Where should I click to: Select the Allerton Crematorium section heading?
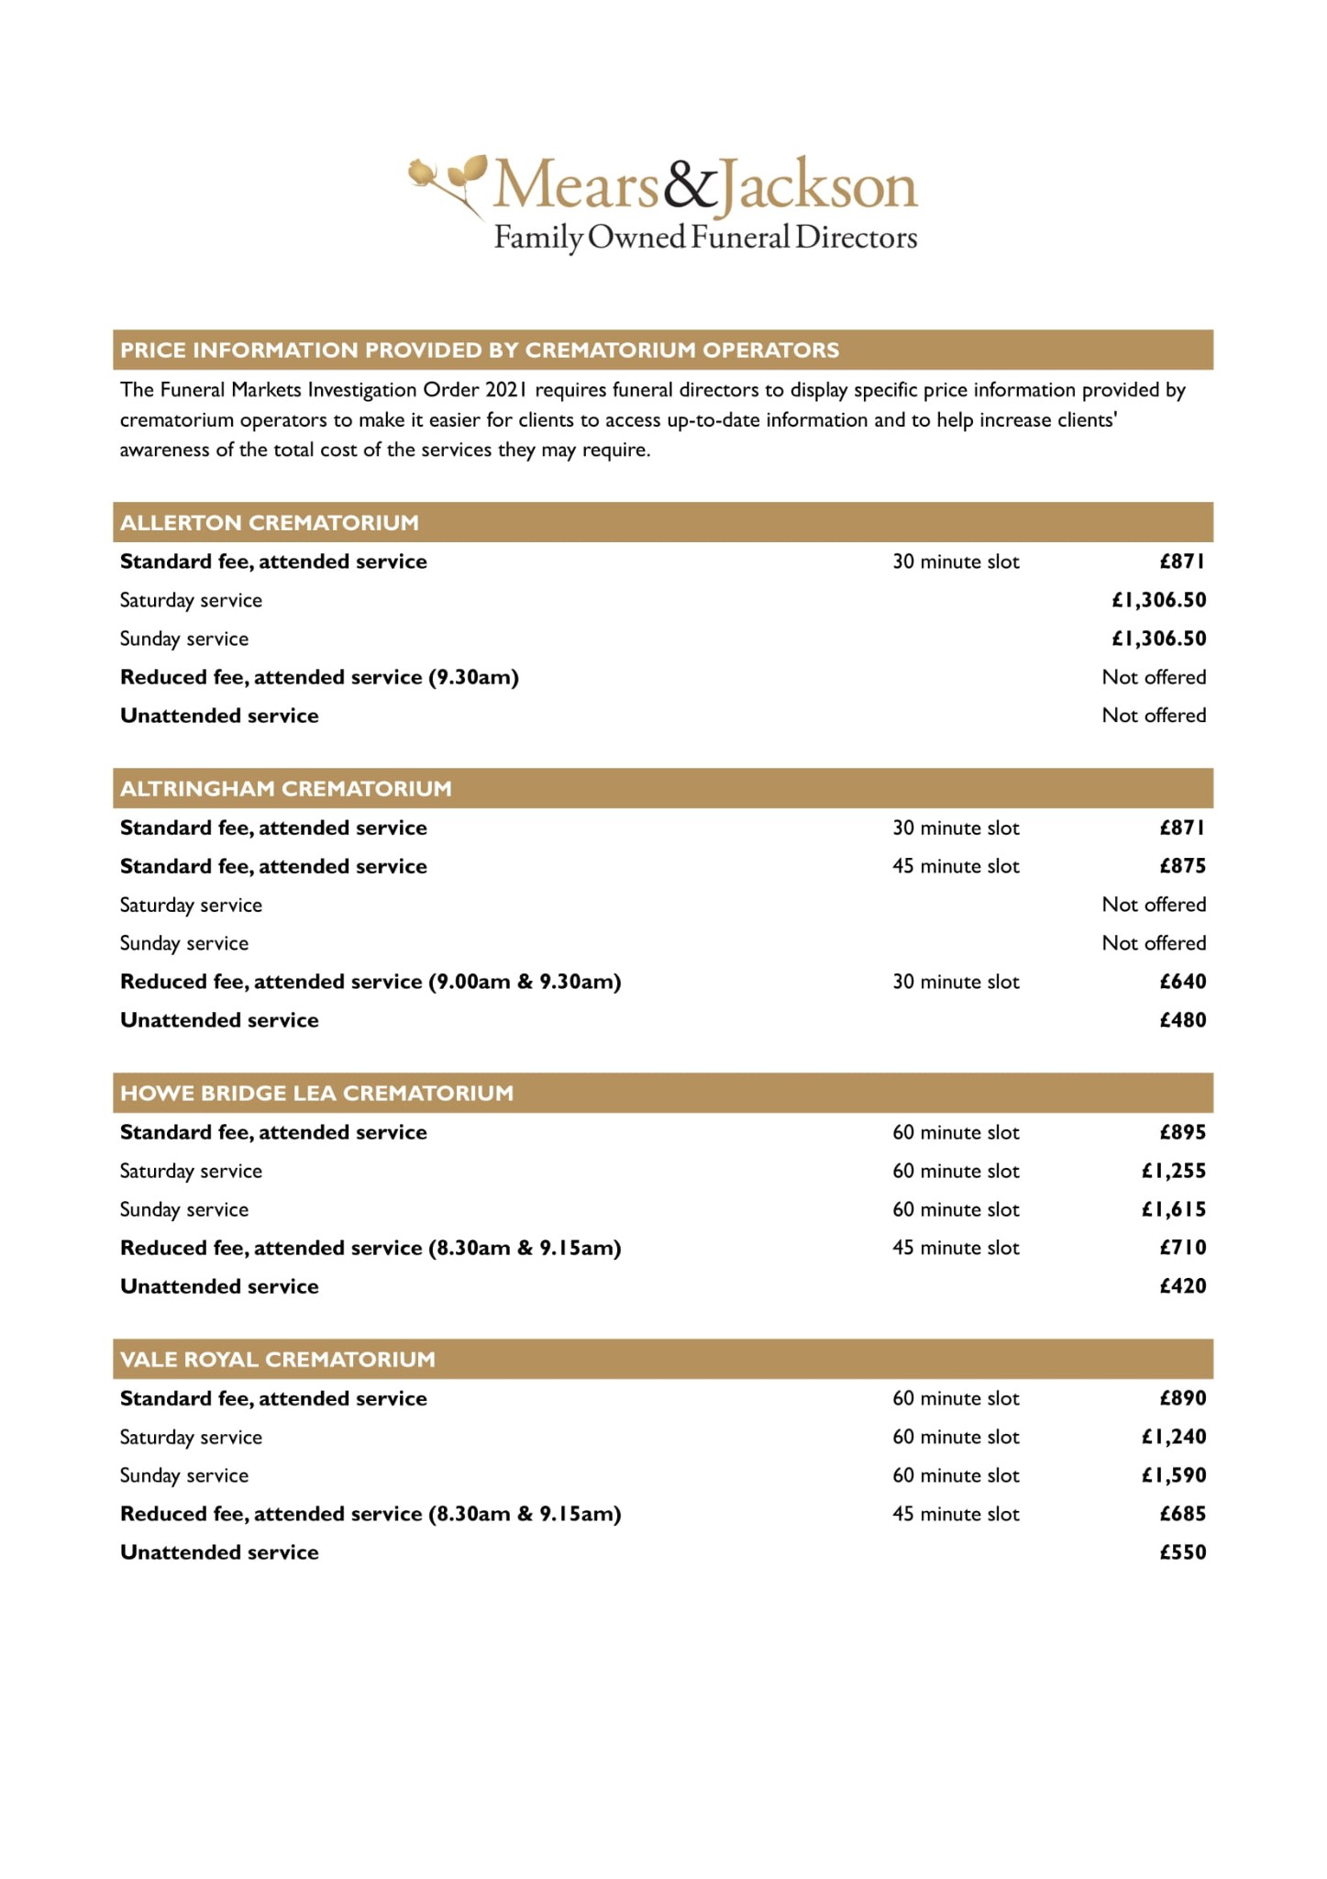[x=270, y=522]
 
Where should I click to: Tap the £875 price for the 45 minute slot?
[x=1182, y=866]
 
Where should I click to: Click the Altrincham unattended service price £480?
[x=1182, y=1020]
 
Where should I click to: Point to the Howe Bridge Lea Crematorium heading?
[x=316, y=1093]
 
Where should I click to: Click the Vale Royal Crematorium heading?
[x=278, y=1359]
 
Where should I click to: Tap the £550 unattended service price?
[x=1182, y=1552]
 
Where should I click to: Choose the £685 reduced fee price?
[x=1182, y=1514]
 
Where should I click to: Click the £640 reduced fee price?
[x=1182, y=982]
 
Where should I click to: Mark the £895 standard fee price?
[x=1182, y=1132]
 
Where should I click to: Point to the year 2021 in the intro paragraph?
[x=506, y=390]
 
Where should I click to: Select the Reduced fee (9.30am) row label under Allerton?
[x=319, y=677]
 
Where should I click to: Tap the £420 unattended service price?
[x=1182, y=1286]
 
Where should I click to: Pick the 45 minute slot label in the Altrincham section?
[x=956, y=866]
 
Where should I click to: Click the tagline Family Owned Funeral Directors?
[x=705, y=238]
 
